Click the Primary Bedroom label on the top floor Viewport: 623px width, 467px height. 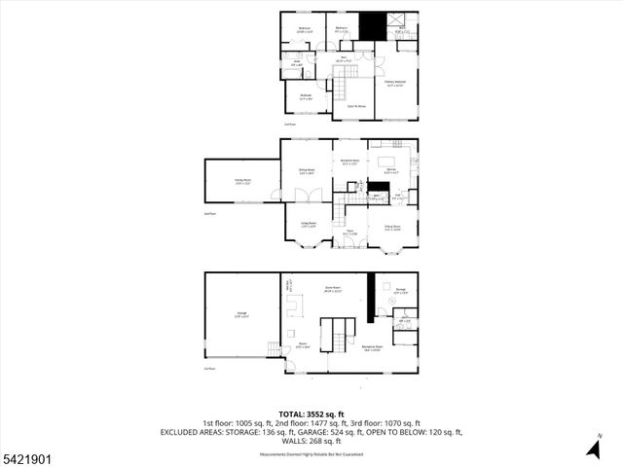[x=394, y=84]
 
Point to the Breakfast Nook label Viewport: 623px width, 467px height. [x=349, y=162]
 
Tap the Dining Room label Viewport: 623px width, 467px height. [x=392, y=230]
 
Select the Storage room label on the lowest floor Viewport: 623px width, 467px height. [x=400, y=289]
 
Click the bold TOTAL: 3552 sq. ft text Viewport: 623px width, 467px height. [x=311, y=413]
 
